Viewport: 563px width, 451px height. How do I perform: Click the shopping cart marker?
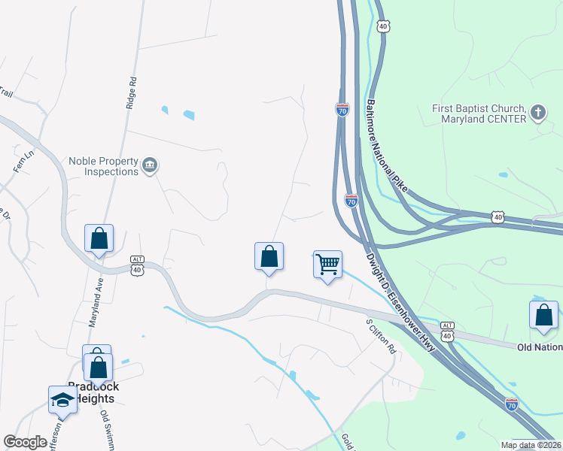[327, 265]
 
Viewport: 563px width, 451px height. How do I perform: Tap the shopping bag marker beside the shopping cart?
[269, 256]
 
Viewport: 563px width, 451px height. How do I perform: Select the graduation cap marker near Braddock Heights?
[62, 400]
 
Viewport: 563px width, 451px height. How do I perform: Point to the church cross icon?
[537, 114]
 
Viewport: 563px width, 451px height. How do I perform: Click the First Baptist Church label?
[478, 114]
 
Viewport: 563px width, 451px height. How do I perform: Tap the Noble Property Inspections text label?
[104, 166]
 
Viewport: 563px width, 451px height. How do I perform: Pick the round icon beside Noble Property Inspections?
[150, 165]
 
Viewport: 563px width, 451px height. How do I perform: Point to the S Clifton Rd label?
[381, 337]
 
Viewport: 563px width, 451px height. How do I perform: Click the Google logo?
[26, 442]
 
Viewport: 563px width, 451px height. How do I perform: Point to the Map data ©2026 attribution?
[530, 445]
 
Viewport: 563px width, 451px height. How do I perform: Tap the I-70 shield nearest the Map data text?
[512, 404]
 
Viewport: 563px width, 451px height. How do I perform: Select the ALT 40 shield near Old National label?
[448, 331]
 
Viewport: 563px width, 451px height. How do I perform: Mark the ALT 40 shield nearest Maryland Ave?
[137, 264]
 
